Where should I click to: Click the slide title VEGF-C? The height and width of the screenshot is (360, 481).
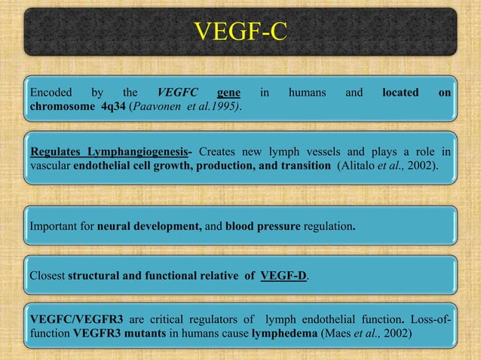point(240,32)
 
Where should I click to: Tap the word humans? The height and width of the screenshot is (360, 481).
point(307,93)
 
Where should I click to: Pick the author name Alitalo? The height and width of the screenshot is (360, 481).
point(363,164)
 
